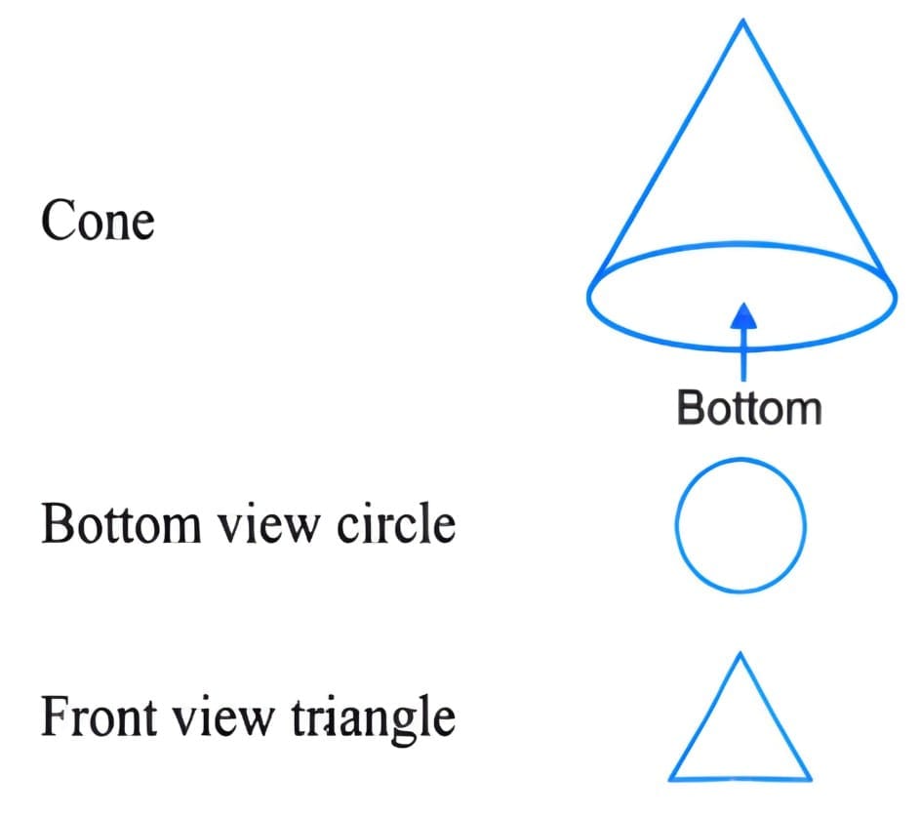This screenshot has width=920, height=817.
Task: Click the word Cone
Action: pyautogui.click(x=98, y=222)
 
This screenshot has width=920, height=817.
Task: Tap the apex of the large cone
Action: pyautogui.click(x=743, y=21)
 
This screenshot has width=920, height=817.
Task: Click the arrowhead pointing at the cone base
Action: pyautogui.click(x=744, y=313)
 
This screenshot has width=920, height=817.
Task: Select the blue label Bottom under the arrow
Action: pyautogui.click(x=748, y=407)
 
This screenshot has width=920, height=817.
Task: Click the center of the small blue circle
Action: pyautogui.click(x=740, y=526)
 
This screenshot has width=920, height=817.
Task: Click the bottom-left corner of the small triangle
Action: pyautogui.click(x=671, y=778)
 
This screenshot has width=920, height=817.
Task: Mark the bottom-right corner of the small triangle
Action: pyautogui.click(x=809, y=778)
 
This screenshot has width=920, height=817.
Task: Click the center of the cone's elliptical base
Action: pyautogui.click(x=742, y=296)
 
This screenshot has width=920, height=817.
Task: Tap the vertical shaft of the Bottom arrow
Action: pyautogui.click(x=744, y=351)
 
